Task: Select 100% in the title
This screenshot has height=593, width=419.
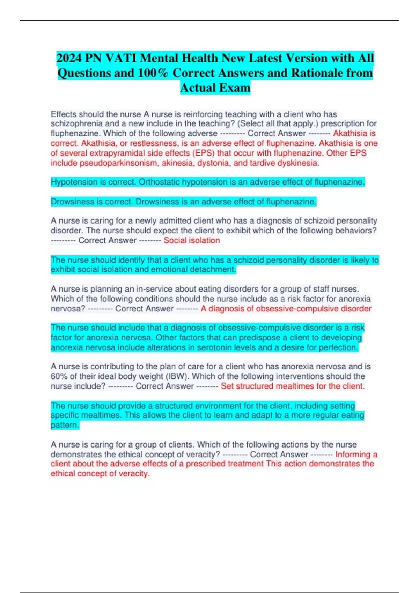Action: tap(153, 73)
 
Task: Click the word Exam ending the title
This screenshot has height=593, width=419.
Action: tap(233, 88)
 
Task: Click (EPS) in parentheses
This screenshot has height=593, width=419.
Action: tap(205, 153)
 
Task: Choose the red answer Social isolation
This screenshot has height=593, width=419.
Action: tap(192, 240)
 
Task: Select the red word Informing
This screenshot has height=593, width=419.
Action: tap(353, 455)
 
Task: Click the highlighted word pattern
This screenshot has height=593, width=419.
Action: tap(65, 425)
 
